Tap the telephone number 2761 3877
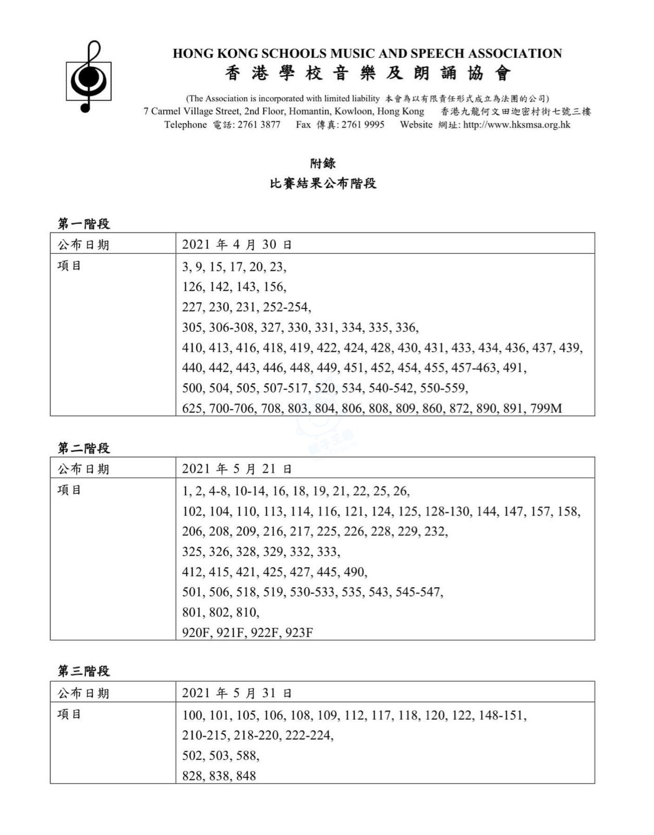coord(259,125)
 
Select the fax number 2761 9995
coord(363,125)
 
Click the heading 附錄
coord(323,163)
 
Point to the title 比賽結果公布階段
coord(323,184)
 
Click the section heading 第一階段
coord(83,224)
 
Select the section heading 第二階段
coord(83,448)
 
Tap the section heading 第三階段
coord(83,671)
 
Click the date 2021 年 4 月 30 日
coord(237,244)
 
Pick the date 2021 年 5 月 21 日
coord(237,469)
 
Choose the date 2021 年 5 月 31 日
coord(237,693)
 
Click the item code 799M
coord(546,409)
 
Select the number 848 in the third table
coord(246,776)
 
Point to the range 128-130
coord(447,511)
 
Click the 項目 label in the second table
coord(69,490)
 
